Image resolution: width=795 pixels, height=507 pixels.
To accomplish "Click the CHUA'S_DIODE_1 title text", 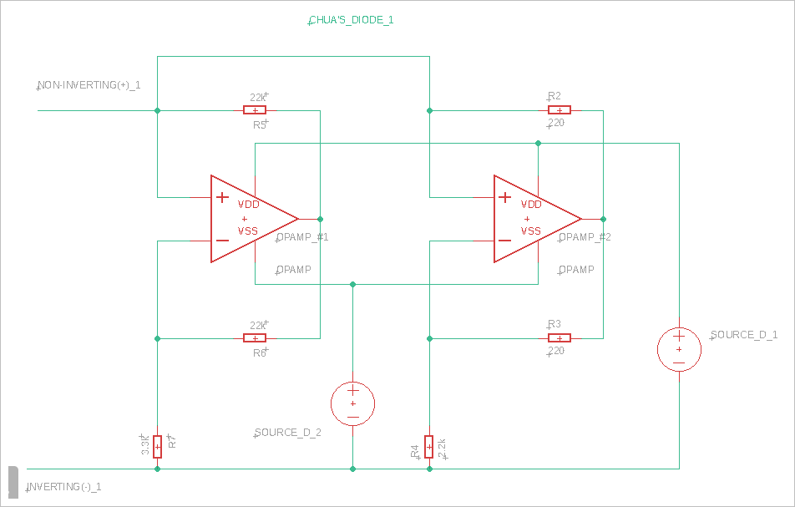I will (x=352, y=19).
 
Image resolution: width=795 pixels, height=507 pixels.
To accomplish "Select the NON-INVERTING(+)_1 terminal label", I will (x=89, y=85).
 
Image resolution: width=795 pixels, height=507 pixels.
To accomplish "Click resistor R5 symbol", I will (x=255, y=110).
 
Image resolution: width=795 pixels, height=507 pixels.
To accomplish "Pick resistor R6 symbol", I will (x=255, y=338).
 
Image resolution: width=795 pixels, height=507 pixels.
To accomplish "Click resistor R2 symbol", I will (x=560, y=110).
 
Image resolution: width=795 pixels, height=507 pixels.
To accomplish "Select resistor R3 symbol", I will (x=560, y=338).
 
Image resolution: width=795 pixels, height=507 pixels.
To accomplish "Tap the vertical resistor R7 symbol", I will (x=157, y=446).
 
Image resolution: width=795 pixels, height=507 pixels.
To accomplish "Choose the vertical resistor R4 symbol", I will (x=429, y=447).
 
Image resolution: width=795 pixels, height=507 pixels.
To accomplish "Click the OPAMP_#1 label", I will (x=303, y=237).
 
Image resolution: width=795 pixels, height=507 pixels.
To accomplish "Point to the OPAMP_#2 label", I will (x=585, y=237).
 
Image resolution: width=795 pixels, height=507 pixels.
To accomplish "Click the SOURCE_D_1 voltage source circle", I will (x=679, y=349).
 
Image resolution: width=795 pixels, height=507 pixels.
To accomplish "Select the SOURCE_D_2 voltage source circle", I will (x=353, y=403).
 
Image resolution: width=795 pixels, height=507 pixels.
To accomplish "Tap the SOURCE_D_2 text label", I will (x=288, y=433).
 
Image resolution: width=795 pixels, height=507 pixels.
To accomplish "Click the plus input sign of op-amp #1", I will (x=222, y=198).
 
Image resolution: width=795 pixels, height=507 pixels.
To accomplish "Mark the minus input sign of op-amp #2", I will (x=504, y=241).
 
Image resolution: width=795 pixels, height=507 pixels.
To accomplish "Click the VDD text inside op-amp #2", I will (x=531, y=205).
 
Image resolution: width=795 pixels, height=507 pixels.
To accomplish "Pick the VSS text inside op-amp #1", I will (x=249, y=231).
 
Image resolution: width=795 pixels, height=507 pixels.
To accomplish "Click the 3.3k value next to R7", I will (x=145, y=446).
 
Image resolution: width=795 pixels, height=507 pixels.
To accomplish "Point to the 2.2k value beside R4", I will (x=443, y=448).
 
